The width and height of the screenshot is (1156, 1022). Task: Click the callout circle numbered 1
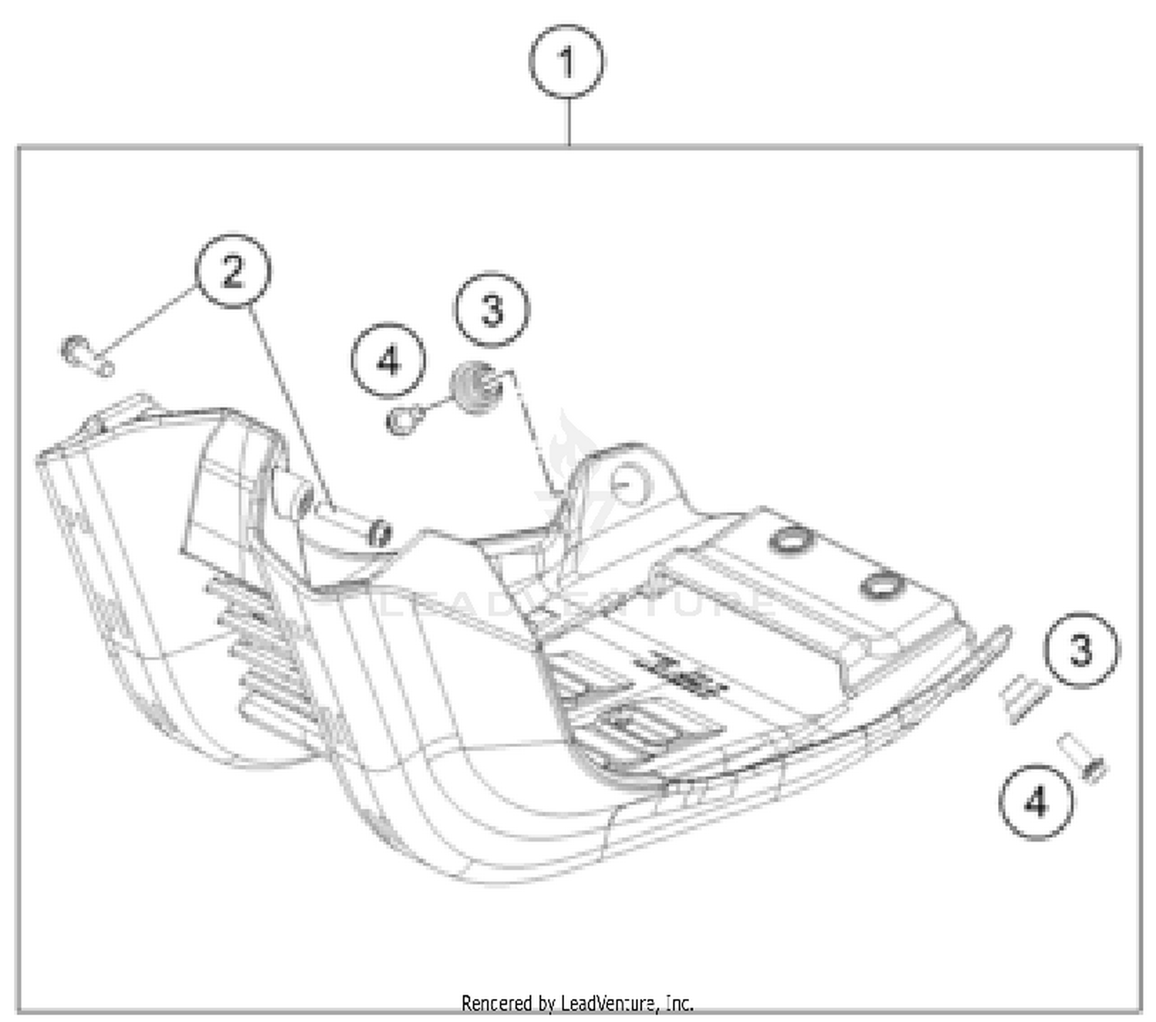[x=566, y=62]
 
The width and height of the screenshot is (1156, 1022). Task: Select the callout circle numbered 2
[x=233, y=272]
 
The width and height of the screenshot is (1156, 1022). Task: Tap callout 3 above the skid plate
[x=492, y=309]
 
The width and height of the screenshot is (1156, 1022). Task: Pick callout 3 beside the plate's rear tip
[x=1081, y=649]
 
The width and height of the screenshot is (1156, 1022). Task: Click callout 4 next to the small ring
[x=388, y=360]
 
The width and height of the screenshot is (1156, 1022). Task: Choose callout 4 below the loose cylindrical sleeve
[x=1036, y=802]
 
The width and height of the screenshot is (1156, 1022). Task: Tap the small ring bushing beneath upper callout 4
[x=403, y=421]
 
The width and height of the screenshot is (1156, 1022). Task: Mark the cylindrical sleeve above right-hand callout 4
[x=1081, y=758]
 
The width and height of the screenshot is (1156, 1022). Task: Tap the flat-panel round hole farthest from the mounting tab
[x=880, y=585]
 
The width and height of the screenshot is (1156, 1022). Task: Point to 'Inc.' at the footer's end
[x=679, y=1004]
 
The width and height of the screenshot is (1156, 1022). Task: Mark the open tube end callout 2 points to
[x=380, y=533]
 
